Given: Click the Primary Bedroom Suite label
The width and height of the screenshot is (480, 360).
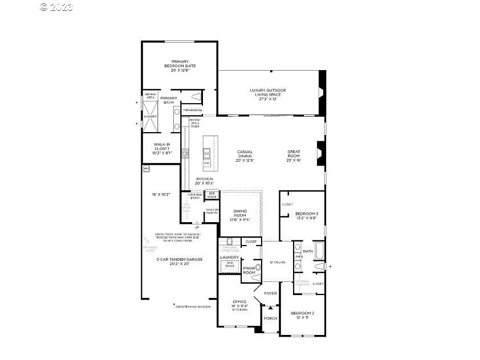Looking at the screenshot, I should coord(180,66).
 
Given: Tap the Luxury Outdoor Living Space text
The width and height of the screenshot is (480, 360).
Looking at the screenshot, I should coord(267,94).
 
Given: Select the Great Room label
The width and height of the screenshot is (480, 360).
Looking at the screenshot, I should coord(294,156).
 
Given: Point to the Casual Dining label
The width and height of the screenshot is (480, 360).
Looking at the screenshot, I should coord(245,156).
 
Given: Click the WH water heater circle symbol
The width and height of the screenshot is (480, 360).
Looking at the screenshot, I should coord(146,169).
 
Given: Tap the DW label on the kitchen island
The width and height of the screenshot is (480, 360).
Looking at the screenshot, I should coord(206,163).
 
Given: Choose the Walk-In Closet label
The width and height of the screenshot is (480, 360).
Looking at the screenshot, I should coord(162,149).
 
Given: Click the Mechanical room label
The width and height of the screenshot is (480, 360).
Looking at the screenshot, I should coord(192,110).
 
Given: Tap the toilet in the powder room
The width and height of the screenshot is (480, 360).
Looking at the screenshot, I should coord(258,267).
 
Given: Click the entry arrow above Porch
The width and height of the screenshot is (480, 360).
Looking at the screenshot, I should coord(270,308).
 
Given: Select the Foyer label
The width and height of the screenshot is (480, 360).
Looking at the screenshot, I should coord(270,293).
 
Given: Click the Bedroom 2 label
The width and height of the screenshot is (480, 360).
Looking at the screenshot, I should coord(303,316).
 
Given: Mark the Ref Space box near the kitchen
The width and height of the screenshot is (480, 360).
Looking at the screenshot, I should coord(211,195).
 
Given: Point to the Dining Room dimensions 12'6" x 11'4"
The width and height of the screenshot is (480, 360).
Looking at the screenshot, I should coord(240,219).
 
